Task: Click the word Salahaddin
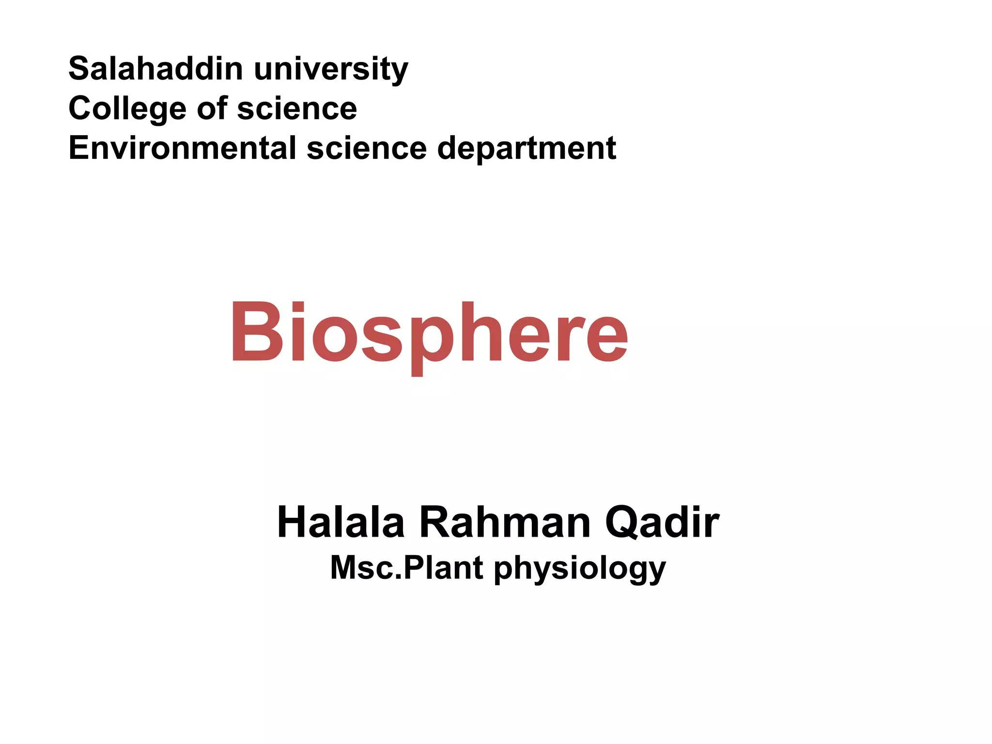point(155,68)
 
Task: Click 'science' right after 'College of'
point(297,108)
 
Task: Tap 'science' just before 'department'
point(367,148)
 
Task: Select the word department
point(527,149)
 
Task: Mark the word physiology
point(580,570)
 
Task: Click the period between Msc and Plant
point(399,577)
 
